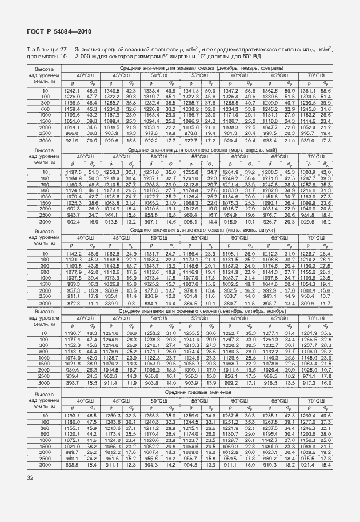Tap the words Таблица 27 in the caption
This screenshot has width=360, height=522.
(46, 50)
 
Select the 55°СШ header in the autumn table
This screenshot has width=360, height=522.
(199, 317)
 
